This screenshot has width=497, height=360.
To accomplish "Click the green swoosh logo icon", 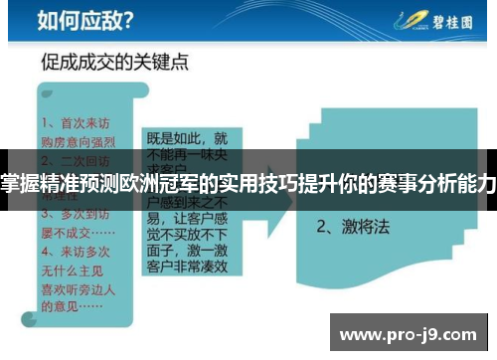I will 407,20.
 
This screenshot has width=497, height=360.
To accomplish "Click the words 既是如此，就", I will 186,139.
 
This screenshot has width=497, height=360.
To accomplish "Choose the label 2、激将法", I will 354,226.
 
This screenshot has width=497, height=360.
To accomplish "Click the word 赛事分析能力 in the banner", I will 436,183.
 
